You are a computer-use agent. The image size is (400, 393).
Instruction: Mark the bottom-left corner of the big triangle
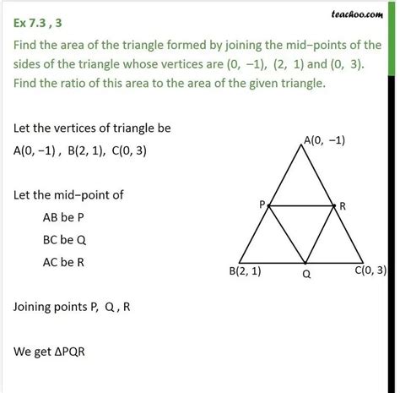click(240, 262)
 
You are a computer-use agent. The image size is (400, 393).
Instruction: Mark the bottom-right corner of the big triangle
click(364, 262)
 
